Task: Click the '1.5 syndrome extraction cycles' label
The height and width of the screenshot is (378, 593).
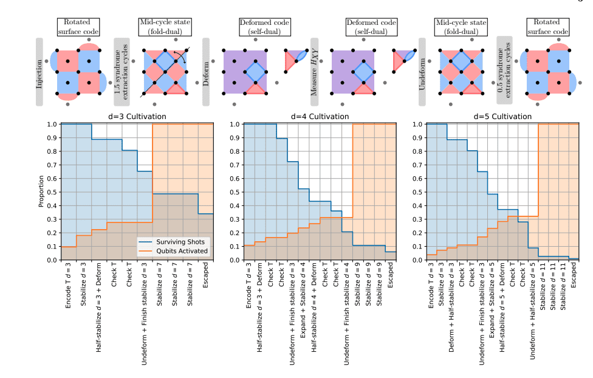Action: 122,67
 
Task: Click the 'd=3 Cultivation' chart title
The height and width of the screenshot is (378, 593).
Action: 137,116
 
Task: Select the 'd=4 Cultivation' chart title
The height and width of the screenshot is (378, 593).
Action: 320,116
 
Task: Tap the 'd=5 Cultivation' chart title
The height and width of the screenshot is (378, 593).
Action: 502,116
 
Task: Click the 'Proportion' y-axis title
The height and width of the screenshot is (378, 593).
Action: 41,192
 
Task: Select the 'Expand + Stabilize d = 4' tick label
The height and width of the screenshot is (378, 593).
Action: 302,296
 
